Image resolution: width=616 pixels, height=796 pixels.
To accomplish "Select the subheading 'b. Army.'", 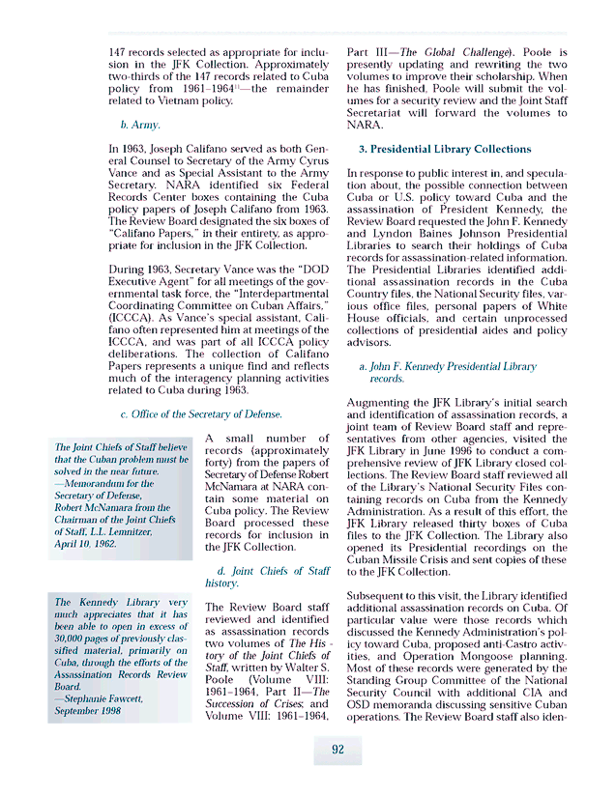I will [140, 125].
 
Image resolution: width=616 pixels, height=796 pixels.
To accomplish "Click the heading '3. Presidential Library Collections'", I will [445, 150].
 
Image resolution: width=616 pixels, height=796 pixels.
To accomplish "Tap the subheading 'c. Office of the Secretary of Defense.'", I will [200, 414].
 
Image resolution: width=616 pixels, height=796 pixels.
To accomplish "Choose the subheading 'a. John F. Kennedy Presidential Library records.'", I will [446, 373].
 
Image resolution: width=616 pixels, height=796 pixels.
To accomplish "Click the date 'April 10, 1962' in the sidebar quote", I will [86, 544].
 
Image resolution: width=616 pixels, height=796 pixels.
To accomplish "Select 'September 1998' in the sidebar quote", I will [90, 710].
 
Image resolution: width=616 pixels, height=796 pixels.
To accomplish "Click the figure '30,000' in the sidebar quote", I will [73, 639].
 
